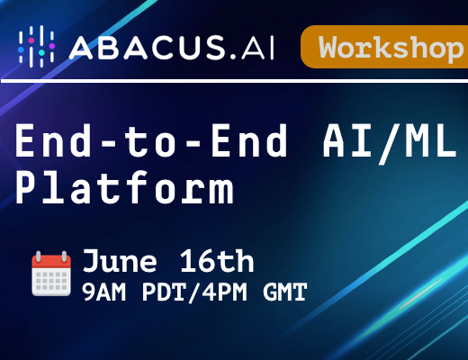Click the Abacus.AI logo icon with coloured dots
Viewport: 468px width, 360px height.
37,47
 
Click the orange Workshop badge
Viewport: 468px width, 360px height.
384,47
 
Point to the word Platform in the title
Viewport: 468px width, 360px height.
124,186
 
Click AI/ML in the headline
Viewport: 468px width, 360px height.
389,141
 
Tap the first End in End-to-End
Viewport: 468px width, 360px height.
53,140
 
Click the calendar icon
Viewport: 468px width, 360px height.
51,274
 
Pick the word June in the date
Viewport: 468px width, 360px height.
120,260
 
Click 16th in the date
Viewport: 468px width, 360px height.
217,260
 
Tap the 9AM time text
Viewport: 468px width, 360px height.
103,292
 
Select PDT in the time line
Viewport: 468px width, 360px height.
164,292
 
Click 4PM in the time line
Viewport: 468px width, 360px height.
224,292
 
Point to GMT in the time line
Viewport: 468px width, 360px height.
285,292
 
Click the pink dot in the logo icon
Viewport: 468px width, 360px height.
31,40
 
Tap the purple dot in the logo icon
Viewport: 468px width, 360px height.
52,46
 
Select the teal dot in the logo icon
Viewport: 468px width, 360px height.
41,52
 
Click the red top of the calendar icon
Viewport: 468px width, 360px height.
51,261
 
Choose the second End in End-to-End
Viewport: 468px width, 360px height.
249,140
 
